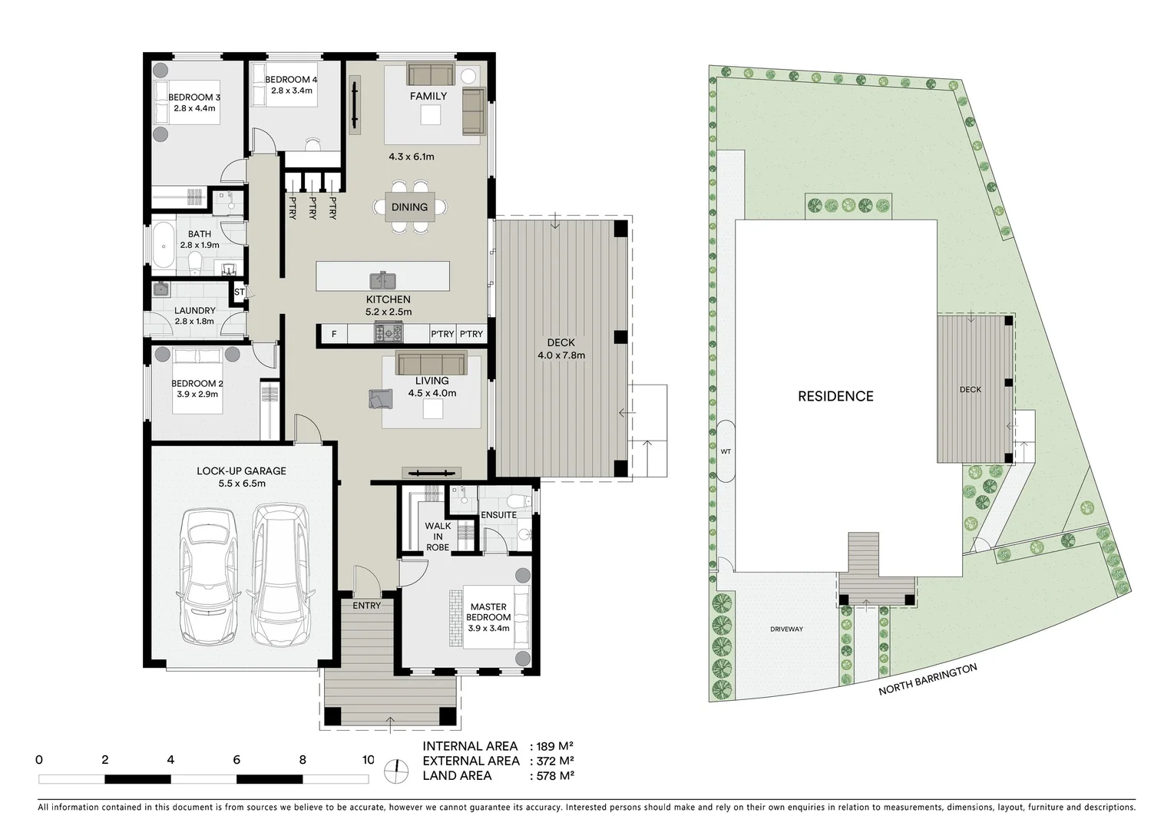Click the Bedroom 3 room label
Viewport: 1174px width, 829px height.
tap(194, 97)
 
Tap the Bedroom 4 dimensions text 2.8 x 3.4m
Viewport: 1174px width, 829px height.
tap(291, 91)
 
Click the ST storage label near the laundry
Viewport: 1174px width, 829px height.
tap(239, 292)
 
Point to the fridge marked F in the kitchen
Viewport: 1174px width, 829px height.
tap(333, 334)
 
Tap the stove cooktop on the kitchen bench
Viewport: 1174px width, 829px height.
tap(388, 333)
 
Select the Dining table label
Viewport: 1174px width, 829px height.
tap(409, 207)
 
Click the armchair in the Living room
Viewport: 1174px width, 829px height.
tap(380, 399)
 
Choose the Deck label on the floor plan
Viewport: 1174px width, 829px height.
tap(561, 343)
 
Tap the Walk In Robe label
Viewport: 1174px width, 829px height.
tap(438, 537)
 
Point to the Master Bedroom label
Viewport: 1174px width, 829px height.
tap(488, 612)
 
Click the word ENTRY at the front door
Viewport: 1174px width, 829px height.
tap(367, 606)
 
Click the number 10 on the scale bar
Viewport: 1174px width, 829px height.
tap(368, 760)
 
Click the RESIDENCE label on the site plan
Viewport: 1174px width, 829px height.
tap(835, 396)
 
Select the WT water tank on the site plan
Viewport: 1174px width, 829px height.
tap(726, 451)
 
